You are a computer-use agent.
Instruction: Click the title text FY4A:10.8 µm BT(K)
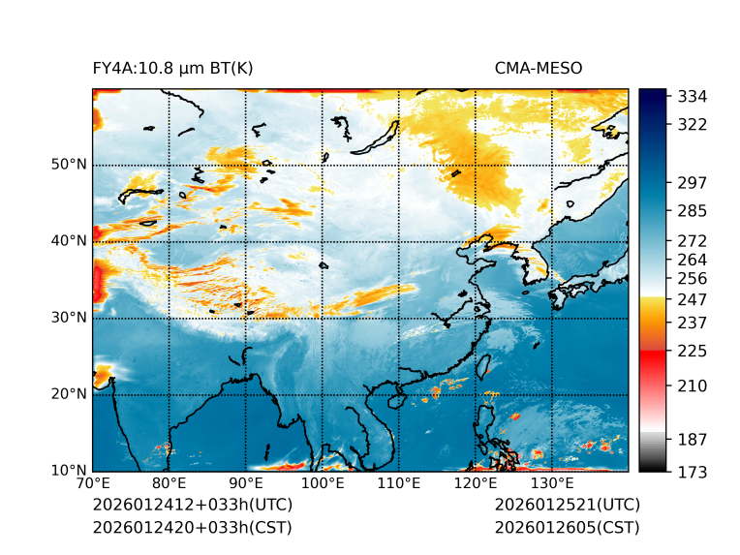tap(172, 68)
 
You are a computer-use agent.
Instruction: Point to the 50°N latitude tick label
tap(69, 164)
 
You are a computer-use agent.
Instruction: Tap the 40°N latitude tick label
tap(69, 240)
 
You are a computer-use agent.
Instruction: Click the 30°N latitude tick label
tap(69, 317)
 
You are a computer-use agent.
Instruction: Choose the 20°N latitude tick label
tap(69, 393)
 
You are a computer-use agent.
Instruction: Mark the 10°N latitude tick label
tap(69, 470)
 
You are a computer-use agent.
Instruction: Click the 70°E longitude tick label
tap(93, 483)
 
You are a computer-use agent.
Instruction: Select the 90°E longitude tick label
tap(246, 483)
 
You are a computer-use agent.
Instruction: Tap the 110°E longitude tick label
tap(399, 483)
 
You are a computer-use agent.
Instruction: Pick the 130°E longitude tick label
tap(552, 483)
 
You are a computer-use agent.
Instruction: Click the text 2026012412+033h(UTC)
tap(192, 505)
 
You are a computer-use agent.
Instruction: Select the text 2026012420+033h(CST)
tap(192, 527)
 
